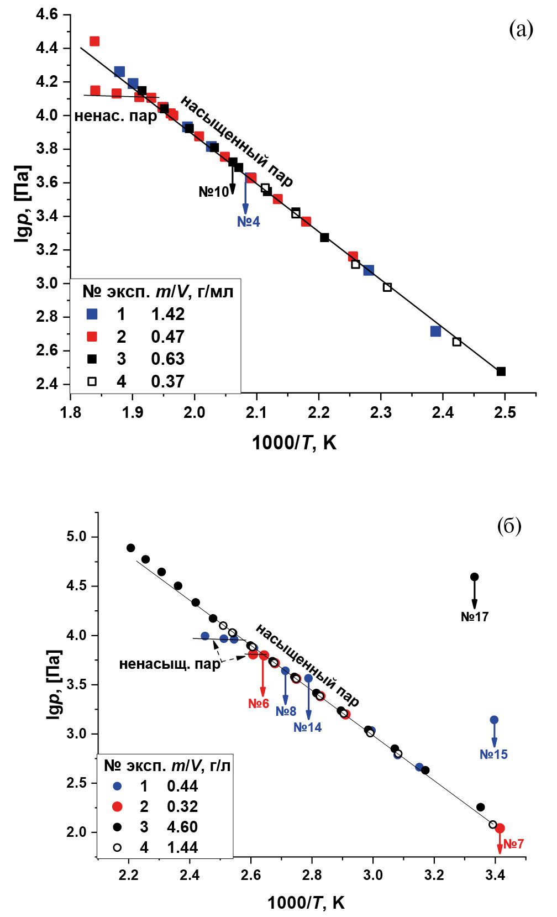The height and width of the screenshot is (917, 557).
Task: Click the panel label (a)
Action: (521, 29)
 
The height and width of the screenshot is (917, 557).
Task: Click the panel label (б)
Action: (509, 526)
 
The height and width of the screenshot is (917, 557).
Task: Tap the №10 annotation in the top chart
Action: (214, 192)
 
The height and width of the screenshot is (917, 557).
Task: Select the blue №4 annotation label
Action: (248, 222)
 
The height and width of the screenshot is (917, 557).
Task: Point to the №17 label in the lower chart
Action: (475, 617)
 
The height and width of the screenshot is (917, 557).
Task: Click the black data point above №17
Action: (474, 577)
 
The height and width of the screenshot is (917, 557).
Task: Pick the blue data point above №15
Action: (494, 720)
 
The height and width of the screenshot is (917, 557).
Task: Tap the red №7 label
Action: (513, 844)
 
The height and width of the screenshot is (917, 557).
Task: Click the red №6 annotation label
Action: (258, 704)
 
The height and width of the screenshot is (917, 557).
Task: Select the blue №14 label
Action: (307, 727)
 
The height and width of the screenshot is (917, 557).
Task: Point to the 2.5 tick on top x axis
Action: (505, 413)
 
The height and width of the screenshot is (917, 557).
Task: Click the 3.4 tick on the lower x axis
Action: (495, 875)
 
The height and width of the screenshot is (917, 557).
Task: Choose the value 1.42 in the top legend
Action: (167, 314)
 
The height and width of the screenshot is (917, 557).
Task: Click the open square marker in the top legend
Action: (92, 381)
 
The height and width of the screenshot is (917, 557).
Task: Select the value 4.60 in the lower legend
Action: (182, 827)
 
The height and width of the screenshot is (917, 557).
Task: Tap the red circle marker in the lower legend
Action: (117, 806)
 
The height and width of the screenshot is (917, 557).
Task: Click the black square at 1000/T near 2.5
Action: (501, 371)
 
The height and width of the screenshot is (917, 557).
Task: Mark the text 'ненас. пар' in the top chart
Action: (115, 116)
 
